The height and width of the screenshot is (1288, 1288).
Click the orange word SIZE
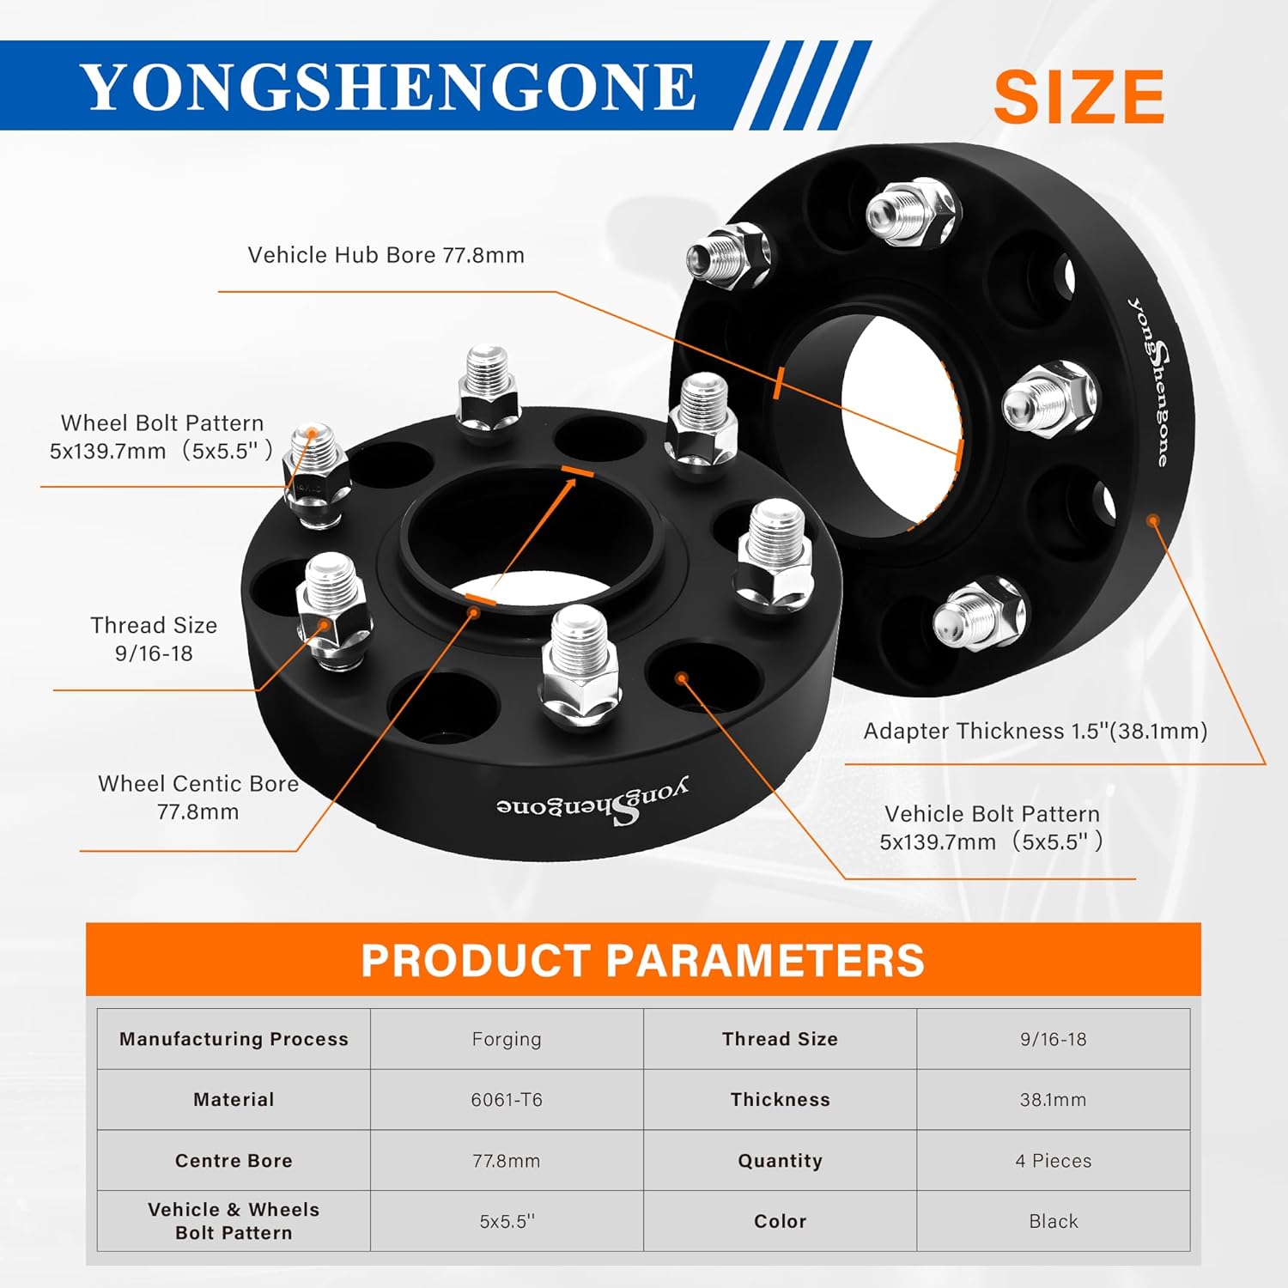click(x=1078, y=96)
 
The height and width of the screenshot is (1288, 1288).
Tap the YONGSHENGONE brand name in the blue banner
click(x=388, y=87)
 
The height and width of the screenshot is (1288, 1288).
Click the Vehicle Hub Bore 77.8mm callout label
click(x=386, y=255)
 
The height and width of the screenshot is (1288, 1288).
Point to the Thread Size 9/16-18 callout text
click(x=154, y=639)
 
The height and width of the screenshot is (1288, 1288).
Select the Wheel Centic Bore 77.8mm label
click(x=198, y=797)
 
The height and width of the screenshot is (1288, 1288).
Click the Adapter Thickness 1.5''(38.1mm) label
click(x=1035, y=731)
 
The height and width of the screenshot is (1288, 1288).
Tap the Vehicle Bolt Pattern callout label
click(x=991, y=828)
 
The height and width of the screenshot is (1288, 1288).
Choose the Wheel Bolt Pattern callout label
click(x=161, y=436)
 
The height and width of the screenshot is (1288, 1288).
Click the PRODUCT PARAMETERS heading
click(x=642, y=960)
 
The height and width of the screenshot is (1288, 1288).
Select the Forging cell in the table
click(x=507, y=1039)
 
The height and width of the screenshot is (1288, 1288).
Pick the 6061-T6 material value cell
click(x=507, y=1100)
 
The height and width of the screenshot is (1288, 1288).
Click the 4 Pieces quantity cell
click(x=1053, y=1161)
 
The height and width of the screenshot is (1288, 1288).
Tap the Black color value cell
click(x=1053, y=1221)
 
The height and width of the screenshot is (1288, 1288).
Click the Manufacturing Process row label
click(x=234, y=1039)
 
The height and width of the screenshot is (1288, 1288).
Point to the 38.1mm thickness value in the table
click(x=1053, y=1100)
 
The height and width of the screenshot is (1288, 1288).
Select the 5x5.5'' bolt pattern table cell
click(x=507, y=1221)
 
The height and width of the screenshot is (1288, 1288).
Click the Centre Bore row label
click(x=234, y=1161)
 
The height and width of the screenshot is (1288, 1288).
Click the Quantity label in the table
click(x=780, y=1161)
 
